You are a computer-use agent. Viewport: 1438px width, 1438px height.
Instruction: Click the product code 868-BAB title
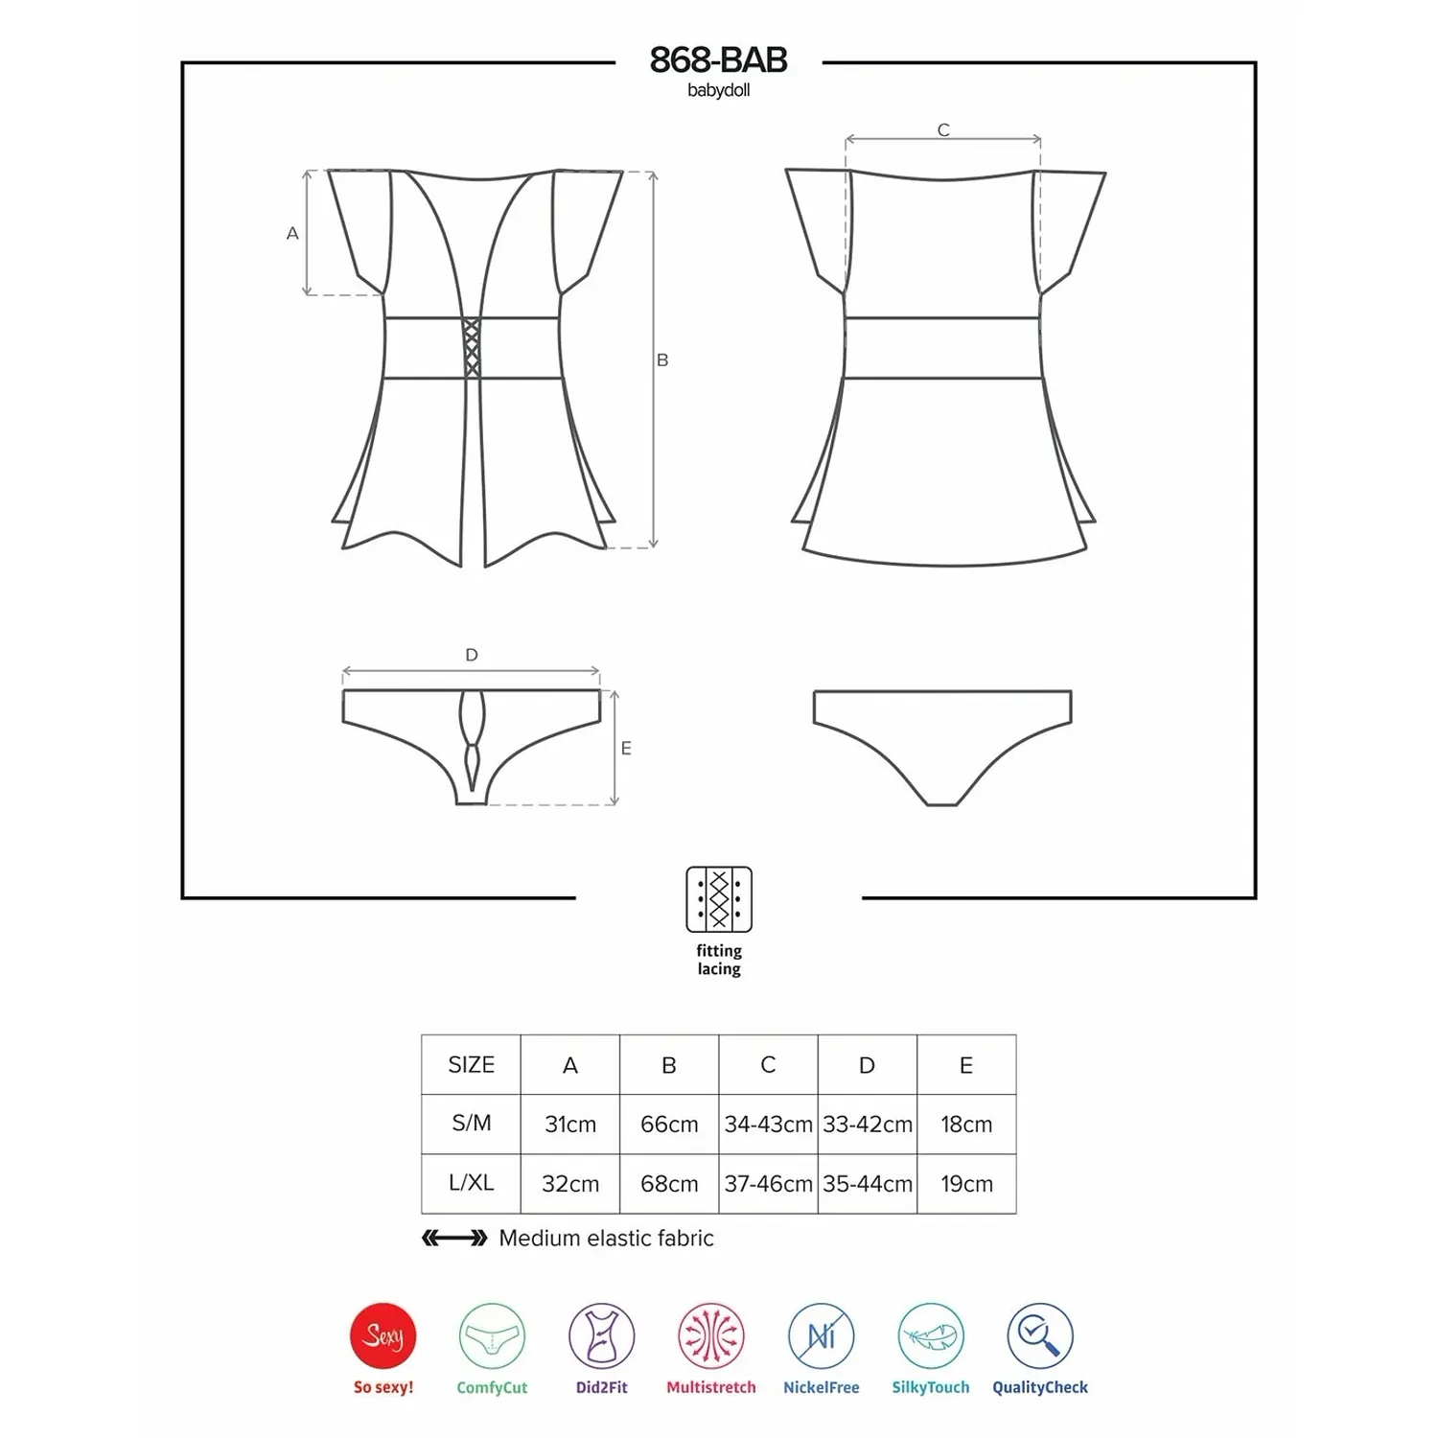point(718,60)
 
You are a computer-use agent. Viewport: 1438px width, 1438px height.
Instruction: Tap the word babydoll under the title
point(718,91)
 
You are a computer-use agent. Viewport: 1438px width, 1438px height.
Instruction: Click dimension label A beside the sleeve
point(292,233)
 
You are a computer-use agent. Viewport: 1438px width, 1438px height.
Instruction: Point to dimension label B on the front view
point(662,360)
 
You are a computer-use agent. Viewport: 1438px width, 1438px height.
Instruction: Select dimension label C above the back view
point(943,130)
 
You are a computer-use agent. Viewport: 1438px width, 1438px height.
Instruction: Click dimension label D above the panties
point(472,655)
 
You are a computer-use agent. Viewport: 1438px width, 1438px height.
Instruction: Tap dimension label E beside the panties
point(626,749)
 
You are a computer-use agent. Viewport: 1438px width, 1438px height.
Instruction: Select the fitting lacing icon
point(719,899)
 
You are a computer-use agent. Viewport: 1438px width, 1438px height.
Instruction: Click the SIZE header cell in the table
point(472,1064)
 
